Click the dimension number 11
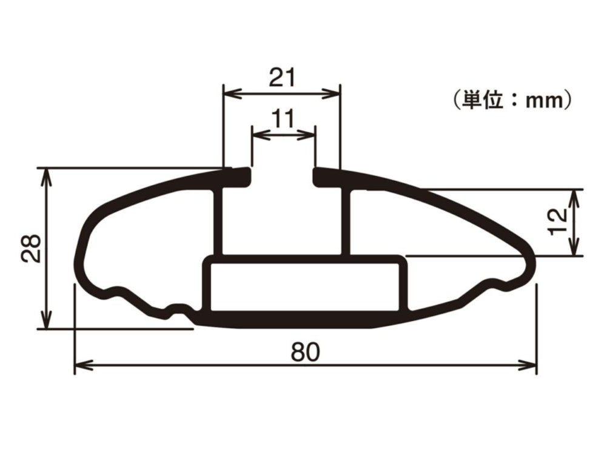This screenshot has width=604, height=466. coord(283,118)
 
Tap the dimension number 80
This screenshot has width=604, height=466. coord(304,353)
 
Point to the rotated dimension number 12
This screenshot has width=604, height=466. coord(557,221)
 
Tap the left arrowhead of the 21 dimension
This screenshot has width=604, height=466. coord(230,93)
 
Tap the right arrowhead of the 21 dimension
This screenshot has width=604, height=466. coord(333,93)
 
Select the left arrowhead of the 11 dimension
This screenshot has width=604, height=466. coord(258,134)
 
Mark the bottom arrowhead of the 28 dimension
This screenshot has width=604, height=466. coord(46,322)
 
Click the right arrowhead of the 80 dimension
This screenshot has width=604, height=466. coord(530,365)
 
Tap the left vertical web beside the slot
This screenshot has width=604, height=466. coord(219,221)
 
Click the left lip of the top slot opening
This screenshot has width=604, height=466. coord(240,176)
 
